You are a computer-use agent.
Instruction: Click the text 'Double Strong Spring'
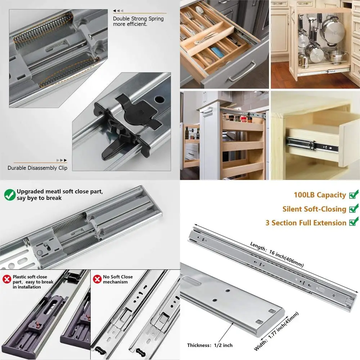pyautogui.click(x=138, y=19)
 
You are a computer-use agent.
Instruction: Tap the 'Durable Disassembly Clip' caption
pyautogui.click(x=37, y=168)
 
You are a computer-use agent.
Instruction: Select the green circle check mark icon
pyautogui.click(x=10, y=195)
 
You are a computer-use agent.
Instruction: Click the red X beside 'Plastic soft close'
pyautogui.click(x=7, y=279)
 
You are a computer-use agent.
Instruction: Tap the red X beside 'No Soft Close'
pyautogui.click(x=97, y=279)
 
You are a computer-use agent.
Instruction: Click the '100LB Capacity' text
pyautogui.click(x=320, y=195)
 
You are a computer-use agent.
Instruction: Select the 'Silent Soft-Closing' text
pyautogui.click(x=314, y=209)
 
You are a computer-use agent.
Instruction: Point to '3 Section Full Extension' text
pyautogui.click(x=306, y=223)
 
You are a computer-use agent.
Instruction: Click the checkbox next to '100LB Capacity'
pyautogui.click(x=354, y=195)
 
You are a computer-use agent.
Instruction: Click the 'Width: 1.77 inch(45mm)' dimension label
pyautogui.click(x=276, y=331)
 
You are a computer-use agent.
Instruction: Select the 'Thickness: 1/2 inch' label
pyautogui.click(x=210, y=345)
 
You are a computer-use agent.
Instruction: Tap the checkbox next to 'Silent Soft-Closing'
pyautogui.click(x=354, y=209)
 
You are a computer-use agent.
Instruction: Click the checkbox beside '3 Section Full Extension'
pyautogui.click(x=354, y=222)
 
